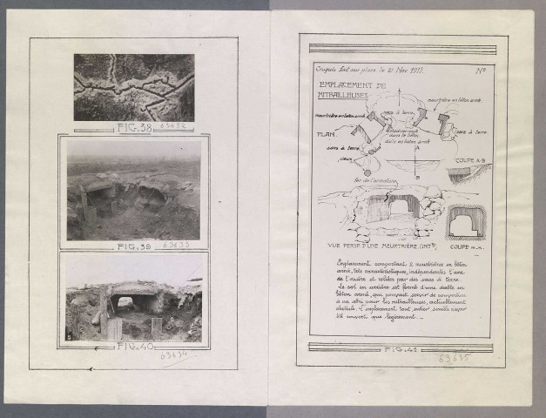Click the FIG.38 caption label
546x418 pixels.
click(x=132, y=128)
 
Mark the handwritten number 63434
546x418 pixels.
click(x=172, y=357)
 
